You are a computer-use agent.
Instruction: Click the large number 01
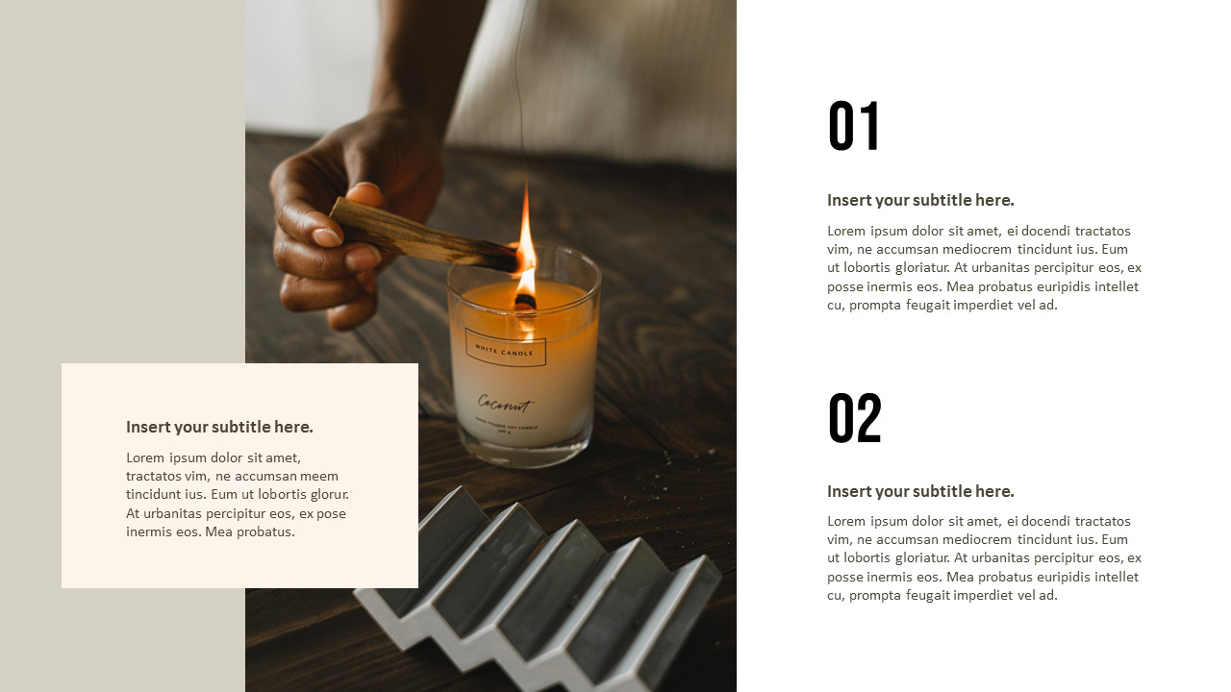tap(853, 127)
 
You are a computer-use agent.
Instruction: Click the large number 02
tap(854, 418)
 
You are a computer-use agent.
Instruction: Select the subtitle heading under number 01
tap(920, 200)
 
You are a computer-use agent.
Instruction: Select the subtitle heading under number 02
tap(920, 491)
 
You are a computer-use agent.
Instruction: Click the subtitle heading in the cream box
tap(219, 427)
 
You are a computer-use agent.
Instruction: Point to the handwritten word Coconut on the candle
tap(504, 404)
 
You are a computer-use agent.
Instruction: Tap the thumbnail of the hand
tap(327, 236)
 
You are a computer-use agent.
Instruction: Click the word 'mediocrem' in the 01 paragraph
tap(949, 250)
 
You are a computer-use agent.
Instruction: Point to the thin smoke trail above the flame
tap(519, 96)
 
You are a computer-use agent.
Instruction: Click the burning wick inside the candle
tap(525, 301)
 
